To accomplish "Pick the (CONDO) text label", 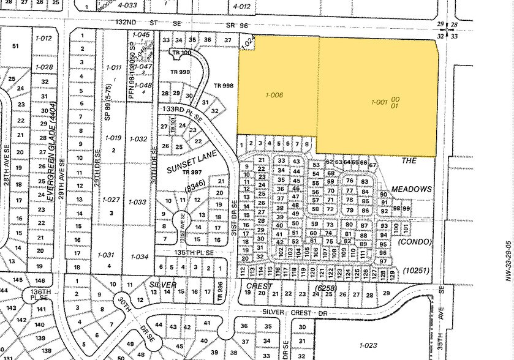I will (415, 242).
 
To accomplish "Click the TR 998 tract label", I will (224, 85).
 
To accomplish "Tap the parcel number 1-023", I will (368, 345).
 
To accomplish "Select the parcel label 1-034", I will (140, 256).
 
